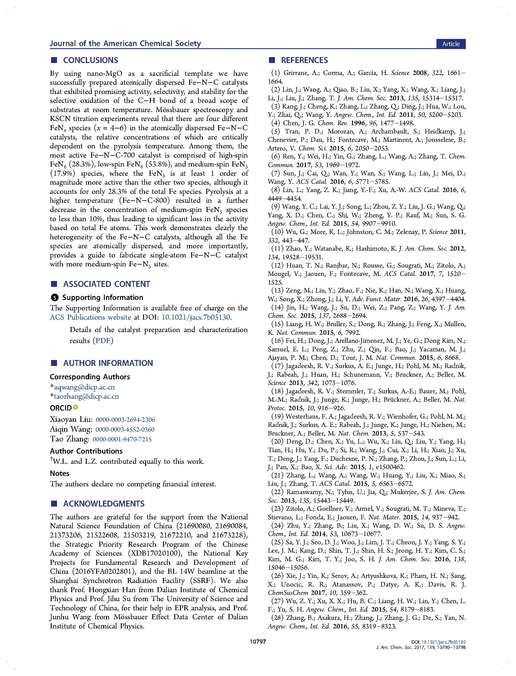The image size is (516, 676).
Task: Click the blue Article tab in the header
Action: (x=451, y=44)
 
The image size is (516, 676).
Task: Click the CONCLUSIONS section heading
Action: (x=90, y=60)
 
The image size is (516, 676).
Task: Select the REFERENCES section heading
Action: (x=304, y=60)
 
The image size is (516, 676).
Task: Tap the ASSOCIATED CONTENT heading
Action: (x=106, y=284)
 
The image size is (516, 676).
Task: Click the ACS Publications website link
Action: (x=90, y=317)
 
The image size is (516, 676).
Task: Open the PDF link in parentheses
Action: (x=103, y=340)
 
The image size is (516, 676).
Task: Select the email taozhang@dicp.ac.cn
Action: (x=86, y=396)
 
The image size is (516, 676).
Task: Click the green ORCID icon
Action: (x=75, y=407)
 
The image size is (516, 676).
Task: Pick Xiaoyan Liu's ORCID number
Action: (x=125, y=419)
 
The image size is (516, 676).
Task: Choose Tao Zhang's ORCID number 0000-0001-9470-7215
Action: (x=122, y=439)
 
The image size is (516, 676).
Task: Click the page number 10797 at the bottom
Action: (x=257, y=641)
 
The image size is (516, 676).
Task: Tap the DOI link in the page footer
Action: (x=443, y=642)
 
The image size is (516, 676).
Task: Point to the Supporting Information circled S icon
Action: (x=54, y=297)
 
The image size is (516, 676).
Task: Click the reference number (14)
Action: (x=277, y=307)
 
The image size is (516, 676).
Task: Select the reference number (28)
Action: (x=277, y=617)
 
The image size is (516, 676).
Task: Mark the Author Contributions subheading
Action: (x=86, y=451)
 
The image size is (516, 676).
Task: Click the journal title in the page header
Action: (x=125, y=43)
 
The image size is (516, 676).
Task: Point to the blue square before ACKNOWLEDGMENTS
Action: (x=54, y=504)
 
